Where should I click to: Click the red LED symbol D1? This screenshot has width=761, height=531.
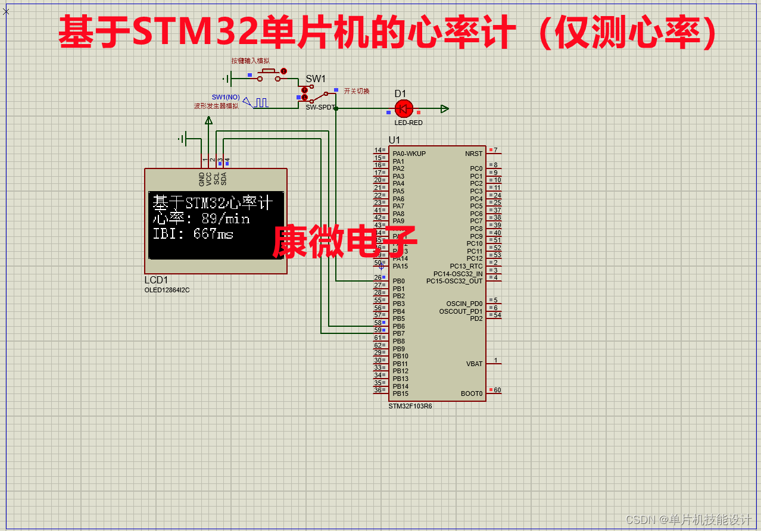(404, 108)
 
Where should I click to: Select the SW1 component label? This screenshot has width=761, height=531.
(316, 79)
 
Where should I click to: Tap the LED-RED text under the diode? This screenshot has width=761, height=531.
(408, 123)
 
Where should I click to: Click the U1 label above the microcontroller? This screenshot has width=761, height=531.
(394, 140)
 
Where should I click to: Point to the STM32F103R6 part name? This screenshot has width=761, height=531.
(410, 406)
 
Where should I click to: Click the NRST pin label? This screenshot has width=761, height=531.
(474, 154)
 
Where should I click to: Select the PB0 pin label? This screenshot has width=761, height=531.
(398, 281)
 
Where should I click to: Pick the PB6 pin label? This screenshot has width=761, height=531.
(398, 326)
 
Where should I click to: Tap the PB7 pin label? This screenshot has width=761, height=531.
(398, 334)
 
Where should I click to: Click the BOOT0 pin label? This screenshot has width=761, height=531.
(472, 393)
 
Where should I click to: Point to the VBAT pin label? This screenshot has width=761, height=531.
(474, 364)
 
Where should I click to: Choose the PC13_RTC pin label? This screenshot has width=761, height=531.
(466, 266)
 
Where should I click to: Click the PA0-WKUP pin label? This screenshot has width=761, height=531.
(409, 154)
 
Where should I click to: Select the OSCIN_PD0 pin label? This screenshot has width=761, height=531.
(464, 304)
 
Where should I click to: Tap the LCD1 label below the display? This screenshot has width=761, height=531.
(157, 280)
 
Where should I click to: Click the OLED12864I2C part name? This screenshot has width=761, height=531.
(167, 290)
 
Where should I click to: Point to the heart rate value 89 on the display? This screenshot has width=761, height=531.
(209, 219)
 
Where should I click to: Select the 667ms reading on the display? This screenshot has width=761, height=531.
(213, 234)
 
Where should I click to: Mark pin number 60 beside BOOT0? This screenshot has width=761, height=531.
(497, 391)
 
